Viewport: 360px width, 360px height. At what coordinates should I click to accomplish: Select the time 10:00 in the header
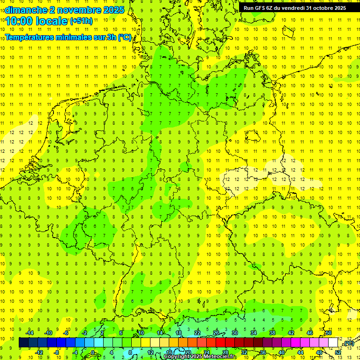19,21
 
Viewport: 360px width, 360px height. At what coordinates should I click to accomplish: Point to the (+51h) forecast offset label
81,21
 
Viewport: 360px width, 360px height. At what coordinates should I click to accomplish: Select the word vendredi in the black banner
295,8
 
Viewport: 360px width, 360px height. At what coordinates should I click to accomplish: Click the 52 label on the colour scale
338,352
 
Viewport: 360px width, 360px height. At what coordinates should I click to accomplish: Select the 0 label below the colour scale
93,352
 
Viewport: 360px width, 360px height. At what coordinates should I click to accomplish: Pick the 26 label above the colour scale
216,333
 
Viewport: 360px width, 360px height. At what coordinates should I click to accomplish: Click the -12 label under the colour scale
39,352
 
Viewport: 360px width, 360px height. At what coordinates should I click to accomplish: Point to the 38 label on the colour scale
271,333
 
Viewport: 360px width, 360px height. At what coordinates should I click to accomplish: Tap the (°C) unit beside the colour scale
348,344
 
